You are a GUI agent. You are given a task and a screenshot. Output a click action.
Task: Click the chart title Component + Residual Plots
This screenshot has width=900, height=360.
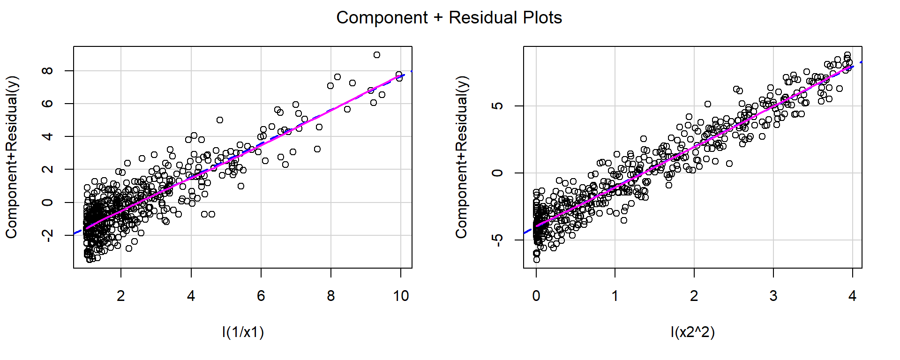pos(449,18)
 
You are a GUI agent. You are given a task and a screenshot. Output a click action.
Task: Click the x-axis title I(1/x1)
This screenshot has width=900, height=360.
pos(243,332)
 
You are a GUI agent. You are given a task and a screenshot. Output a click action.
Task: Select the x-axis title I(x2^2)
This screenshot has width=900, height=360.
pos(692,332)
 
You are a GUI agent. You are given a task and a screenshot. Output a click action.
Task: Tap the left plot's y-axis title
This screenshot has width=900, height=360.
pos(11,157)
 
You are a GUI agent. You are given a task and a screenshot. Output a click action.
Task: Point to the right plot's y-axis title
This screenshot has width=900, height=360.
pos(461,157)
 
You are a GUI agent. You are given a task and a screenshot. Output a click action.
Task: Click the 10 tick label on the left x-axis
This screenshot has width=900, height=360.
pos(401,296)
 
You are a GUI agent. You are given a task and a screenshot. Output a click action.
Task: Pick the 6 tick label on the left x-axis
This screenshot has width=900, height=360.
pos(261,296)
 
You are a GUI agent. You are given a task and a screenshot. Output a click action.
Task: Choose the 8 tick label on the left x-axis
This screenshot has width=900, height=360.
pos(331,296)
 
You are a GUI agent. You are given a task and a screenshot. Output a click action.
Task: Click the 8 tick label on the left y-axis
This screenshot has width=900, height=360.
pos(47,71)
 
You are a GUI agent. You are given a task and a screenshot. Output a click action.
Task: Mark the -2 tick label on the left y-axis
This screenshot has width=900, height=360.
pos(47,235)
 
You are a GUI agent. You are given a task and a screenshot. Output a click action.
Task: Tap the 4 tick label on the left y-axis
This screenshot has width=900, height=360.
pos(47,136)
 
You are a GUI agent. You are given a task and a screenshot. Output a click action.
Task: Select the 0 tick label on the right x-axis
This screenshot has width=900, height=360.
pos(536,296)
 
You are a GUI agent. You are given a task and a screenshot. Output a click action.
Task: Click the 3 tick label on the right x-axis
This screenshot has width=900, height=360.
pos(773,296)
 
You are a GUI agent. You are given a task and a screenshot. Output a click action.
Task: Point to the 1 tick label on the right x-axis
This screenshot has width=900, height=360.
pos(615,296)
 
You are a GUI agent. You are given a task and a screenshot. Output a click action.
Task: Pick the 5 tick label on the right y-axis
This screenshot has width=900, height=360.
pos(498,106)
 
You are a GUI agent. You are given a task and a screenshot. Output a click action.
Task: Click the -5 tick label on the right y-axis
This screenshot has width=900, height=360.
pos(498,240)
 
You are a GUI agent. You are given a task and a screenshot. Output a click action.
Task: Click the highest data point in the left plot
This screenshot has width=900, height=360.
pos(377,55)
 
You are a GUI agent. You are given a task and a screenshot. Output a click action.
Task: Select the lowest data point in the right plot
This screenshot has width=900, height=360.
pos(537,260)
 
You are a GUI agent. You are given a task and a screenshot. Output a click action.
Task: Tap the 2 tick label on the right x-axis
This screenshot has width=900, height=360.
pos(694,296)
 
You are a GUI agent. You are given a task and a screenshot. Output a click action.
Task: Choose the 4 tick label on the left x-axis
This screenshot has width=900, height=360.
pos(191,296)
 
